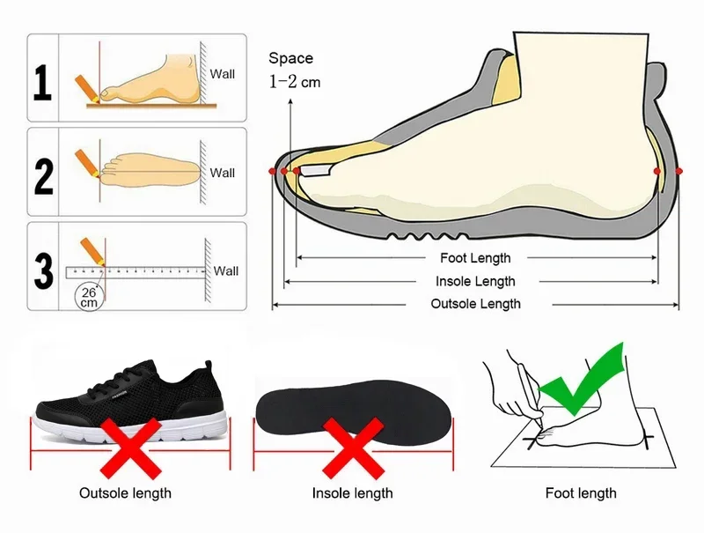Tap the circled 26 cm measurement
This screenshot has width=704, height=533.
click(89, 297)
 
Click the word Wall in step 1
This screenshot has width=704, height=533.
click(223, 74)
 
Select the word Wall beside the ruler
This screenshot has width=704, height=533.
click(226, 270)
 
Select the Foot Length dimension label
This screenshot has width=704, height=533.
click(475, 258)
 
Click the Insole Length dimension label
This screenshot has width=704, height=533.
click(475, 281)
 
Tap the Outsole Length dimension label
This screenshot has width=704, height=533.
click(475, 304)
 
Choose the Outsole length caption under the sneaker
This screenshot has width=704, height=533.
click(126, 493)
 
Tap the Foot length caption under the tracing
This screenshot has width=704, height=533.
click(581, 493)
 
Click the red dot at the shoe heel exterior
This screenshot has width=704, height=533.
click(679, 170)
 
